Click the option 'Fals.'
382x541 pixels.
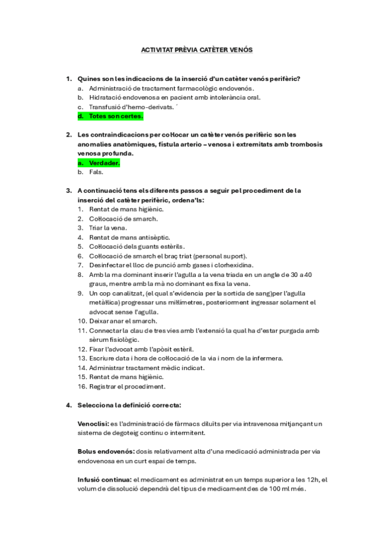[96, 172]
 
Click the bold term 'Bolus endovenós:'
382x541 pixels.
[105, 452]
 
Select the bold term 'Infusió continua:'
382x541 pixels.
[105, 480]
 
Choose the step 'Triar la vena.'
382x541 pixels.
[108, 228]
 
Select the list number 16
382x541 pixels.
[82, 387]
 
